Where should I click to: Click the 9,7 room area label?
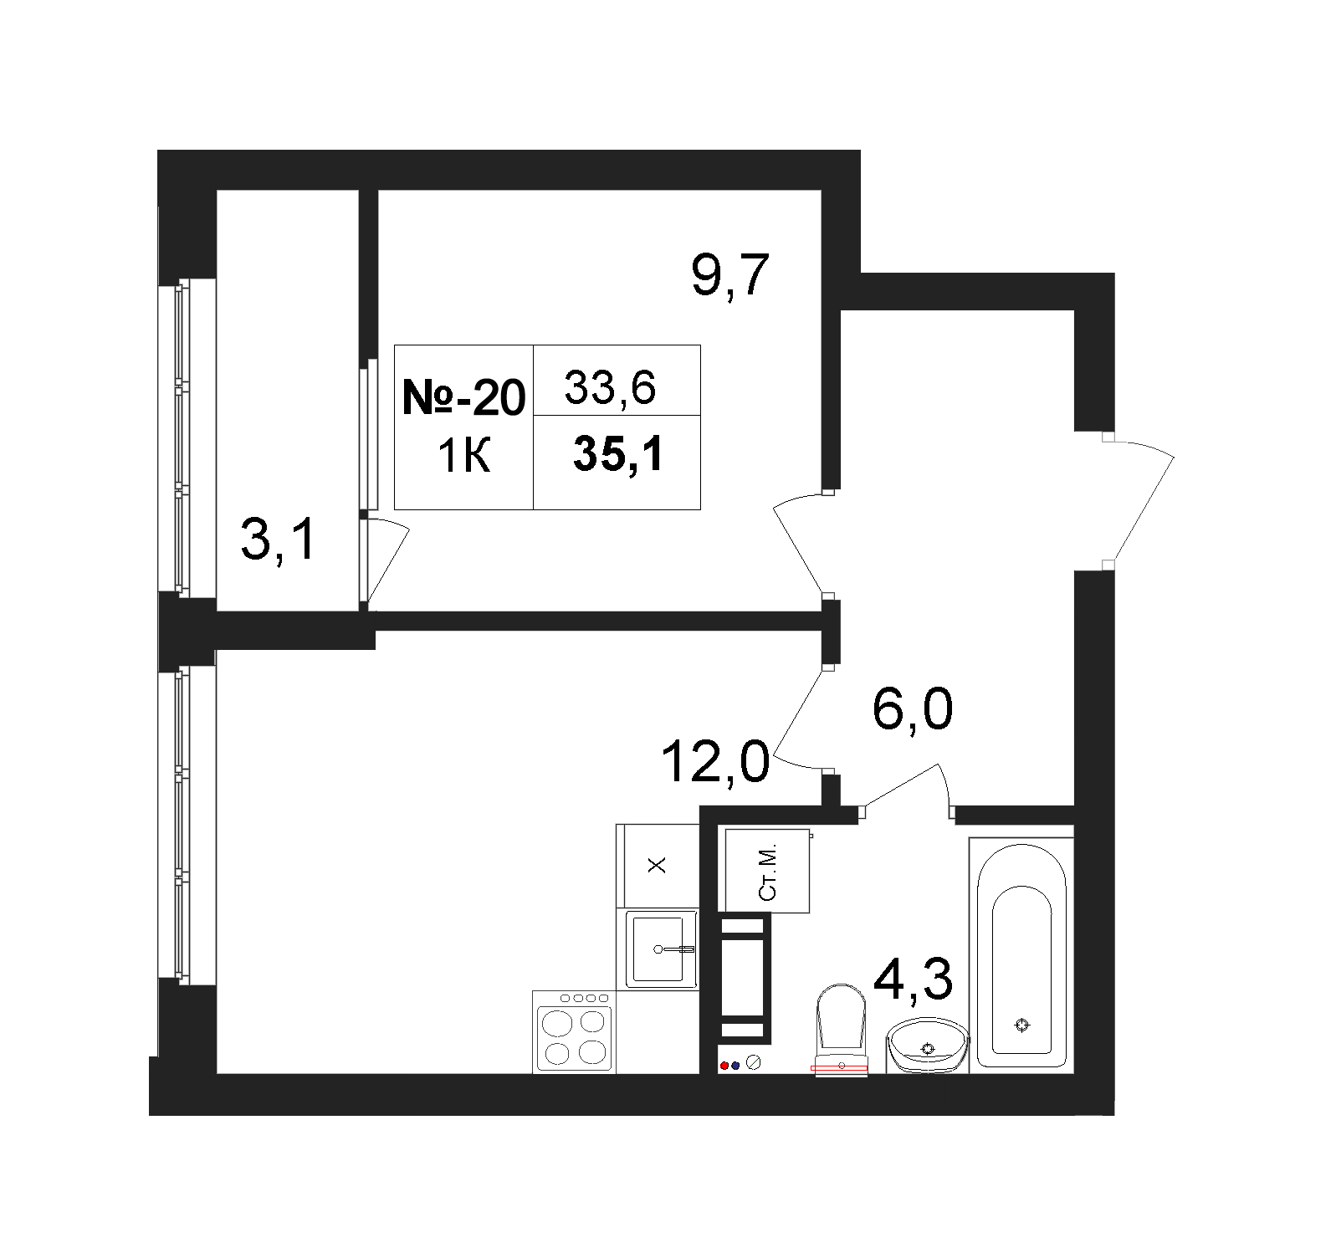[729, 275]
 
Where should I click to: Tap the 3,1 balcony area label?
[279, 538]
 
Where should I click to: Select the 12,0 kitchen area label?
[714, 762]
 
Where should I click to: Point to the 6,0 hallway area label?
[912, 710]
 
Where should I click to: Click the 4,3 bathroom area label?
[912, 978]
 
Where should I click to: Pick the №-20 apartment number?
[463, 396]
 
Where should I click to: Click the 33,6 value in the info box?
[609, 387]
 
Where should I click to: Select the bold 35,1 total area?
[618, 455]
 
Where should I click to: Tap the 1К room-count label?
[463, 457]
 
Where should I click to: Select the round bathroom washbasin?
[927, 1045]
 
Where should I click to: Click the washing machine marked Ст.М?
[767, 870]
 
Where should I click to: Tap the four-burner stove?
[574, 1032]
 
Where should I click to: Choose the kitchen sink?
[662, 949]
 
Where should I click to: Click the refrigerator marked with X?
[658, 865]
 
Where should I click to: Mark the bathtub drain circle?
[1021, 1024]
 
